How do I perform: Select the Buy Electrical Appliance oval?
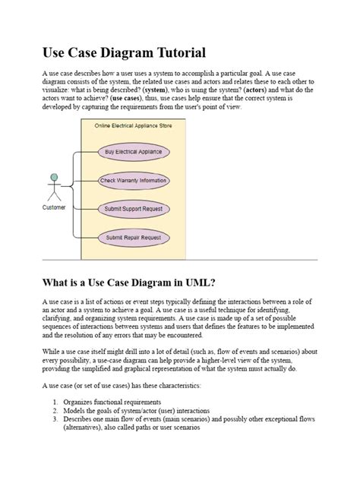point(134,152)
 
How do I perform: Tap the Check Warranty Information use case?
point(134,181)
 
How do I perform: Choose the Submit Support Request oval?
point(134,209)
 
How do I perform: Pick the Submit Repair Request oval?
point(134,238)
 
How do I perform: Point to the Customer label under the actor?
point(54,207)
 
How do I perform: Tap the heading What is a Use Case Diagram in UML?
point(118,283)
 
